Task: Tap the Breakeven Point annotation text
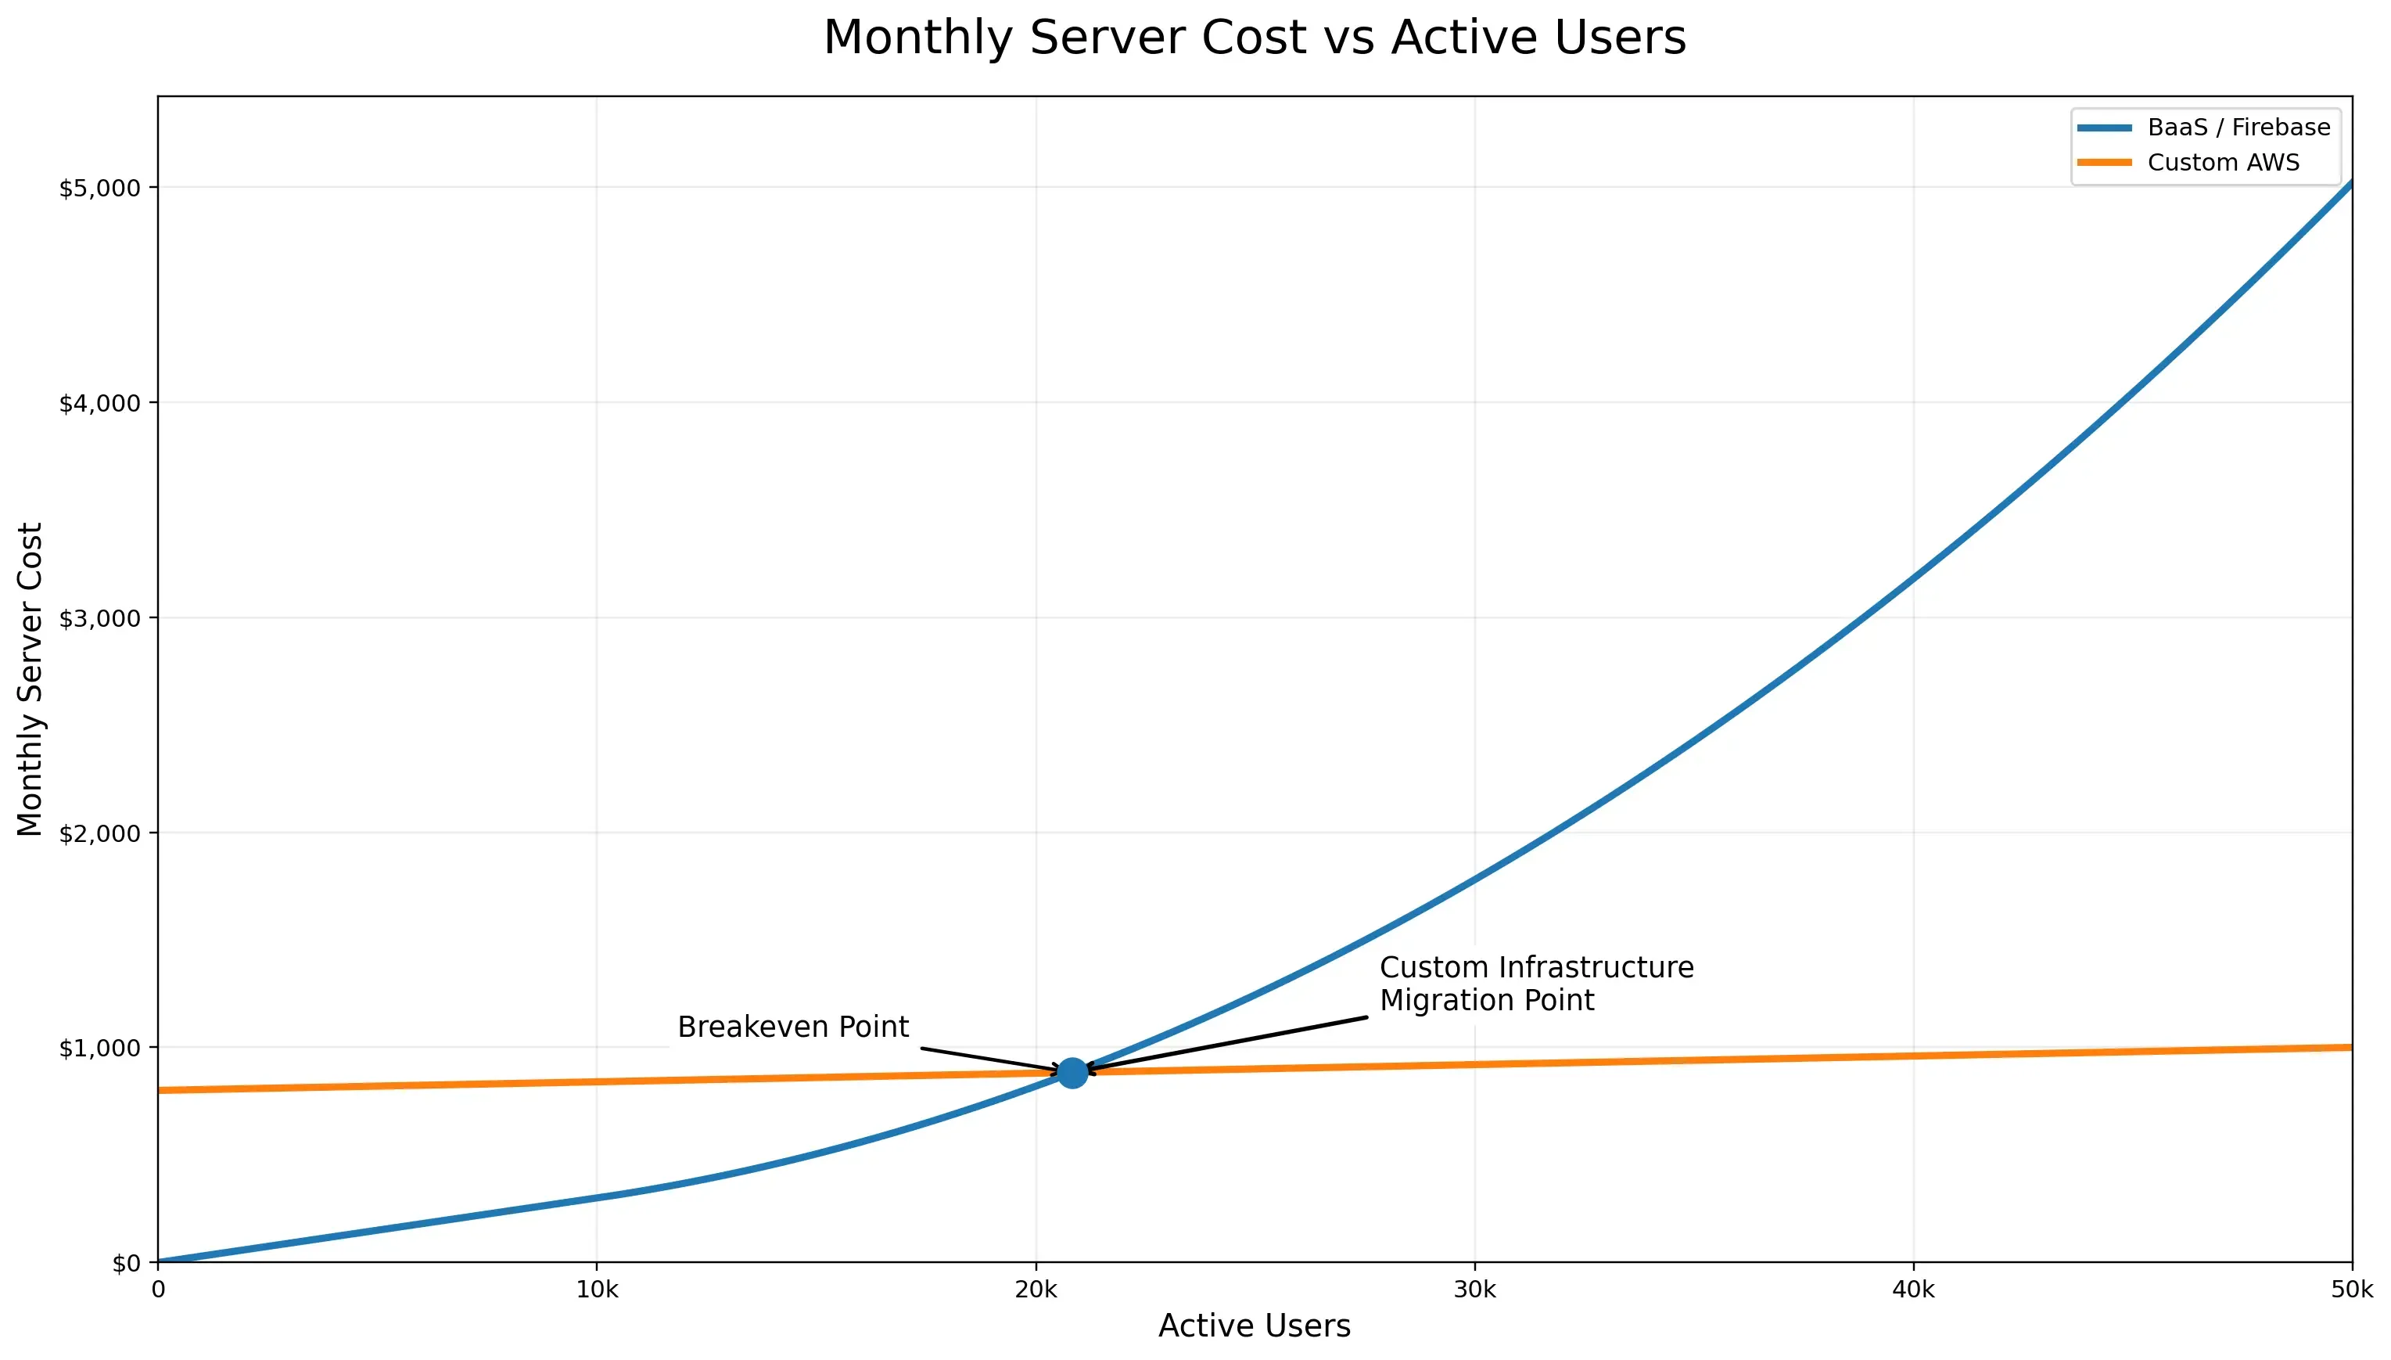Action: click(x=792, y=1027)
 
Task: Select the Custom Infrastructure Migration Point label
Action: click(x=1536, y=984)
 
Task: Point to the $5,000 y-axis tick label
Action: click(x=100, y=188)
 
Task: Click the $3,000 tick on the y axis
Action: click(x=100, y=618)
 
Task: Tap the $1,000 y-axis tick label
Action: click(x=100, y=1048)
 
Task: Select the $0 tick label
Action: click(x=126, y=1263)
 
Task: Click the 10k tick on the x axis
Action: click(x=597, y=1290)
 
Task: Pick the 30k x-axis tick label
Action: click(x=1474, y=1290)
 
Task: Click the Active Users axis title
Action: click(x=1254, y=1326)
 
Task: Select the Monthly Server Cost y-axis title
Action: click(x=30, y=679)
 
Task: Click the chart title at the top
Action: click(x=1254, y=38)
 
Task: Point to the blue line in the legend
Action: click(x=2105, y=127)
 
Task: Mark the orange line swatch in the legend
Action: click(x=2105, y=163)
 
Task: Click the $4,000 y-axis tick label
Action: click(x=100, y=404)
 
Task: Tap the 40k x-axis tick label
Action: click(x=1913, y=1290)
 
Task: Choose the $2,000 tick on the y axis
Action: click(x=100, y=833)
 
